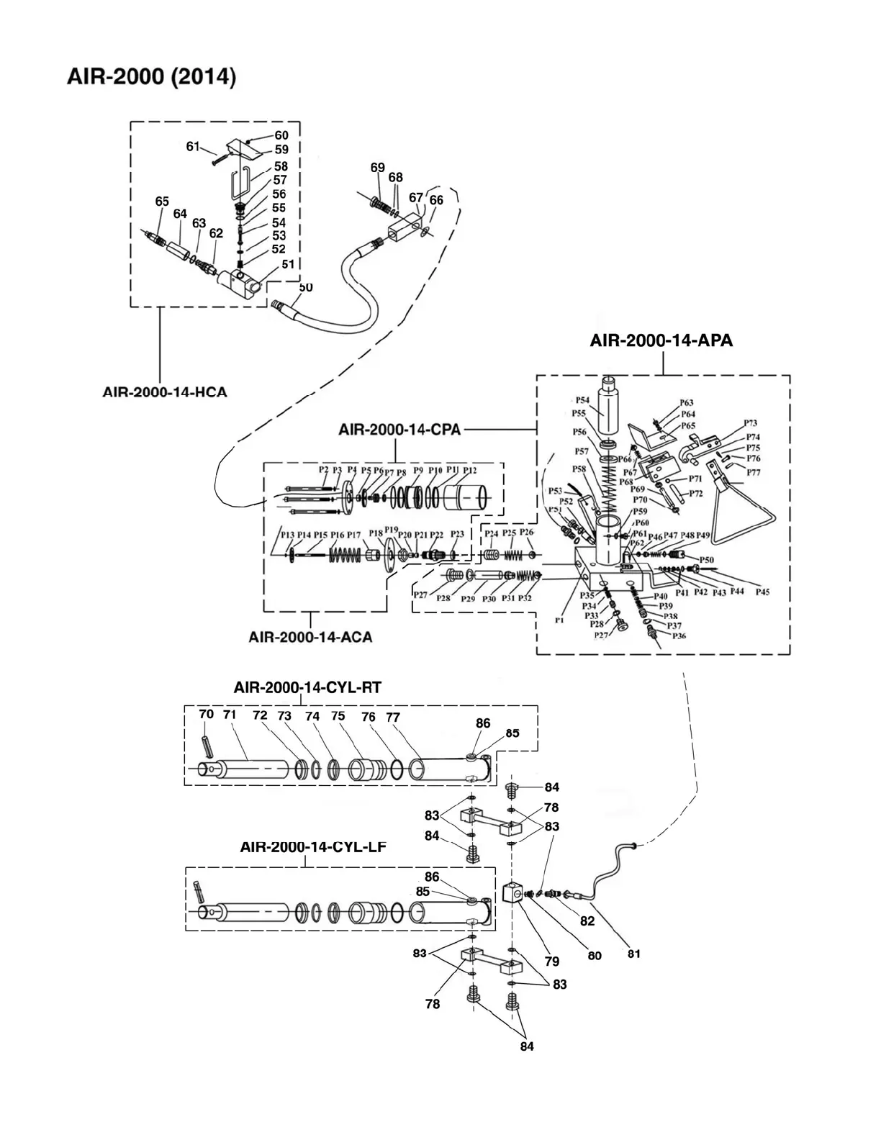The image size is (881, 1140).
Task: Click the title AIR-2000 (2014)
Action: pyautogui.click(x=150, y=77)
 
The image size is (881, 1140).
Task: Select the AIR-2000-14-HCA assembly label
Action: pyautogui.click(x=165, y=392)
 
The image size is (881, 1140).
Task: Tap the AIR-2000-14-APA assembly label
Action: pyautogui.click(x=661, y=340)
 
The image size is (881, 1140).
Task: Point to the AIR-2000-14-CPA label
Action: pyautogui.click(x=399, y=430)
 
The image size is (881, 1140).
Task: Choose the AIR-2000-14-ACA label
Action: pyautogui.click(x=310, y=636)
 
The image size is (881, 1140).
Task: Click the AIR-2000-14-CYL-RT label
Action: pyautogui.click(x=307, y=687)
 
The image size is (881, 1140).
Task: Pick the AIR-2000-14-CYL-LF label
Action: pyautogui.click(x=313, y=846)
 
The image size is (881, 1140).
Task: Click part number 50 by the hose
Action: pyautogui.click(x=305, y=287)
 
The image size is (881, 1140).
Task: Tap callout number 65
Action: pyautogui.click(x=162, y=202)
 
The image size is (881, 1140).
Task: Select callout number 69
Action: pyautogui.click(x=378, y=168)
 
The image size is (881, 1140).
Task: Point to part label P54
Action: pyautogui.click(x=582, y=400)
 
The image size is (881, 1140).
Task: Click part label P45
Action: pyautogui.click(x=762, y=592)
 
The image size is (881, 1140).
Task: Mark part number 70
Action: pyautogui.click(x=206, y=715)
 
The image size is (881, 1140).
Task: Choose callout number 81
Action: pyautogui.click(x=633, y=954)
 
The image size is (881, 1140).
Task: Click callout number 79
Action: pyautogui.click(x=552, y=961)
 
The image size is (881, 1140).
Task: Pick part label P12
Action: pyautogui.click(x=469, y=470)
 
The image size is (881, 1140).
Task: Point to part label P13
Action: pyautogui.click(x=287, y=535)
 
